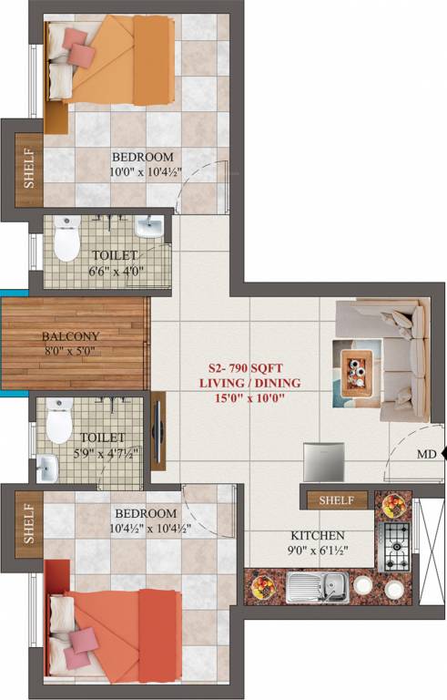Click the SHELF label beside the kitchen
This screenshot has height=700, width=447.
click(x=336, y=499)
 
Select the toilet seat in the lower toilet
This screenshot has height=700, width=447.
click(x=59, y=421)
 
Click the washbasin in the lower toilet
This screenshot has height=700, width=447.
click(x=46, y=469)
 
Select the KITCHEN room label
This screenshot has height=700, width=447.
click(x=317, y=535)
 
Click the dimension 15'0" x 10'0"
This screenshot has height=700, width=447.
click(x=249, y=399)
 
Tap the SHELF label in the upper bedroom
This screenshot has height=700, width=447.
click(x=28, y=170)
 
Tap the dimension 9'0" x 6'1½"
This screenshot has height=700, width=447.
click(x=317, y=551)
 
